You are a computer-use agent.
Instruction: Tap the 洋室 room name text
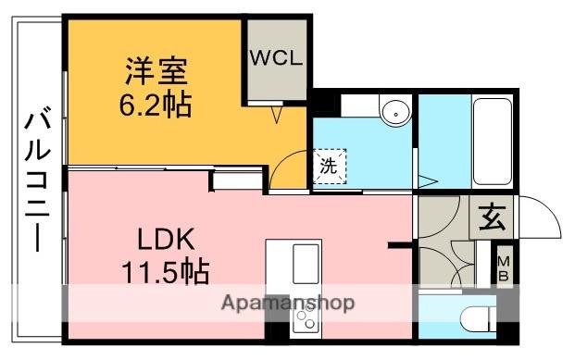coord(156,70)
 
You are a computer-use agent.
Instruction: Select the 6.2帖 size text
coord(156,105)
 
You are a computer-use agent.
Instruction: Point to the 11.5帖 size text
coord(164,272)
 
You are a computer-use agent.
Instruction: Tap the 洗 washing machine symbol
coord(330,168)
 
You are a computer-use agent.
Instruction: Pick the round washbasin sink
coord(395,114)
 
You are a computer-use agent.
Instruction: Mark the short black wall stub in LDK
coord(401,246)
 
